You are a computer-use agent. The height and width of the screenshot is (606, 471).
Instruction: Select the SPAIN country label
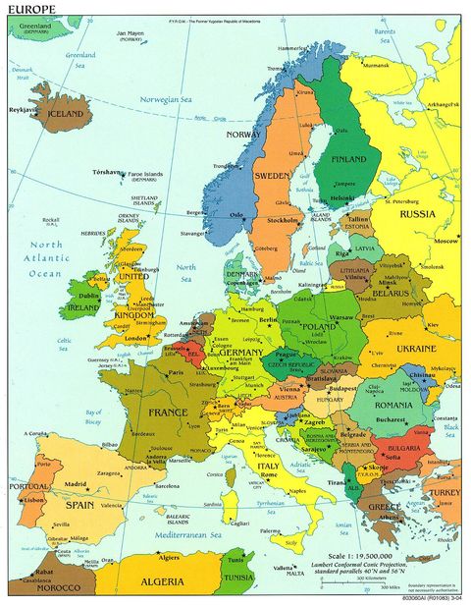tap(80, 505)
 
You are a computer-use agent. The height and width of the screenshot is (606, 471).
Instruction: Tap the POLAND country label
tap(320, 327)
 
